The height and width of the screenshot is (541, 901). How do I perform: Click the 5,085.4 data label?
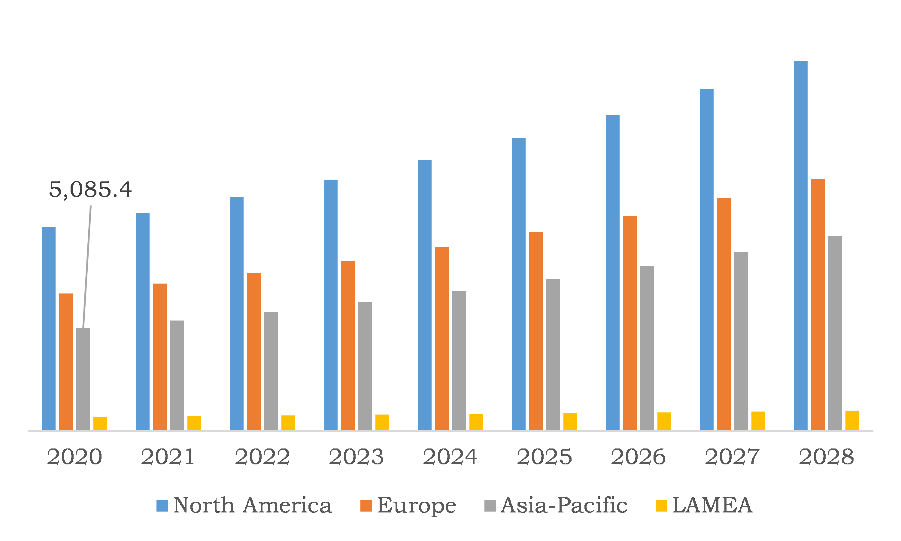point(90,190)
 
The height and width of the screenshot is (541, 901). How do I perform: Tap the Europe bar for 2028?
point(818,304)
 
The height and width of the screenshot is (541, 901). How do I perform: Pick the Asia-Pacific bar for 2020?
point(83,379)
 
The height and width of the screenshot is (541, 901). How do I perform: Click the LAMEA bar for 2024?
point(476,422)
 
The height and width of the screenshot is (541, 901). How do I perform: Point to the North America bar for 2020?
point(49,328)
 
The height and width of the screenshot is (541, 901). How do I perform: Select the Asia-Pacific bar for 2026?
point(647,348)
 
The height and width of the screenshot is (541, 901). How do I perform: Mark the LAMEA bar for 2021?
point(194,423)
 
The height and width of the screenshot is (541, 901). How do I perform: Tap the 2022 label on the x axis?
point(262,457)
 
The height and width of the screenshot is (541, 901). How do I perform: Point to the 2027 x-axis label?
point(732,457)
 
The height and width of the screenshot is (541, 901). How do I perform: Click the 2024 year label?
point(450,457)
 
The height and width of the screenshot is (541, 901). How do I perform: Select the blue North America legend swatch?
point(162,506)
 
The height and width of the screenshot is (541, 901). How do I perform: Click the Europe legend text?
point(416,506)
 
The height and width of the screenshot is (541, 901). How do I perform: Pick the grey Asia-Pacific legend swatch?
point(490,506)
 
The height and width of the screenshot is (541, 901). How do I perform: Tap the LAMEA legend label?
point(712,506)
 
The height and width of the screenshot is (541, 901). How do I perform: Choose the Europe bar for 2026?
point(630,323)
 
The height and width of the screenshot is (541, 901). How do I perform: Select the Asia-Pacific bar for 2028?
point(835,333)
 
